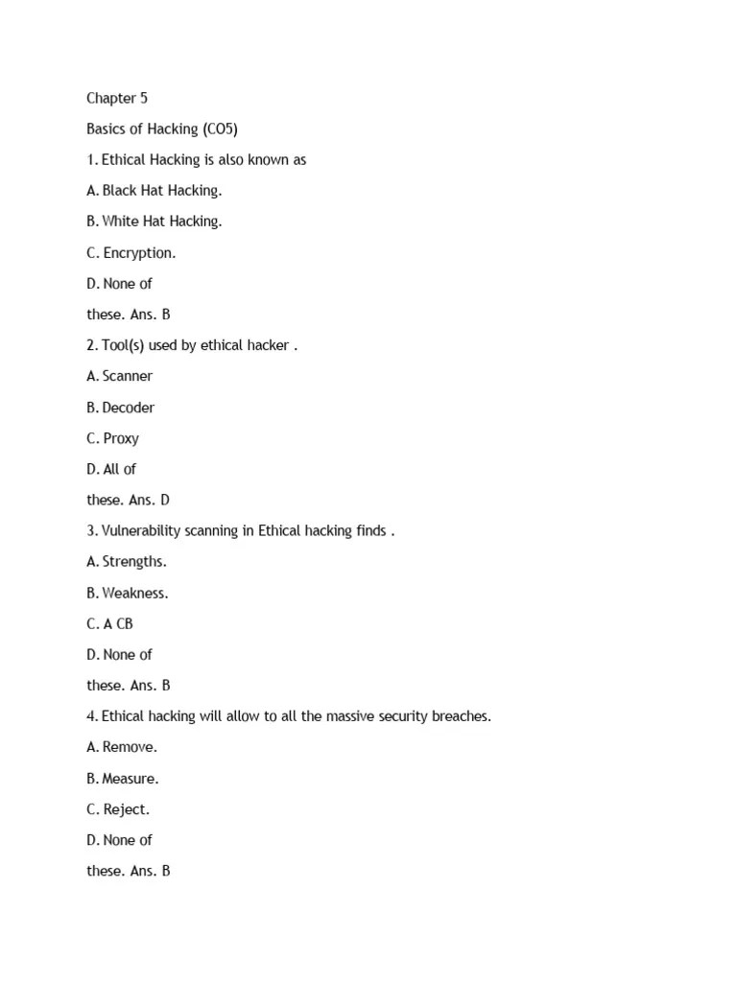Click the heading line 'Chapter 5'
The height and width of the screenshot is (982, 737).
tap(117, 98)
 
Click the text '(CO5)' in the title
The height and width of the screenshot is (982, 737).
tap(220, 129)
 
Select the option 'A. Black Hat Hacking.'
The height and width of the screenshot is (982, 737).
tap(154, 190)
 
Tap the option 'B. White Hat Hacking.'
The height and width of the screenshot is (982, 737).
tap(154, 221)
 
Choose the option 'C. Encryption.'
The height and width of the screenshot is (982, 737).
tap(131, 252)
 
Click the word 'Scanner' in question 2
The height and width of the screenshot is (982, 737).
tap(128, 376)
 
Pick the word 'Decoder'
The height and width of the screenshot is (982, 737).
tap(129, 407)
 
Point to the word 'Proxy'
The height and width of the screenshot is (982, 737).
tap(121, 438)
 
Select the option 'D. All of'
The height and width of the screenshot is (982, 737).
tap(111, 469)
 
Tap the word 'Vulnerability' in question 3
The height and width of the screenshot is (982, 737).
tap(143, 530)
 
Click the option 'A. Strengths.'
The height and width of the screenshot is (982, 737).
tap(127, 561)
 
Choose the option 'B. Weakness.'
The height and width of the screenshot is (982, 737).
tap(127, 593)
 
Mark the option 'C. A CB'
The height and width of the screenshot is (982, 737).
tap(109, 623)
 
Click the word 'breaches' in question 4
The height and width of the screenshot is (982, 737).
tap(460, 716)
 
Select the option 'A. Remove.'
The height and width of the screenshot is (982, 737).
tap(122, 747)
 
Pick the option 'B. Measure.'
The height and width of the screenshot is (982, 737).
tap(123, 778)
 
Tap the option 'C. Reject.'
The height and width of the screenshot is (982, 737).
tap(118, 808)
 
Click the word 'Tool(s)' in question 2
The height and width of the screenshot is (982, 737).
tap(124, 345)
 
